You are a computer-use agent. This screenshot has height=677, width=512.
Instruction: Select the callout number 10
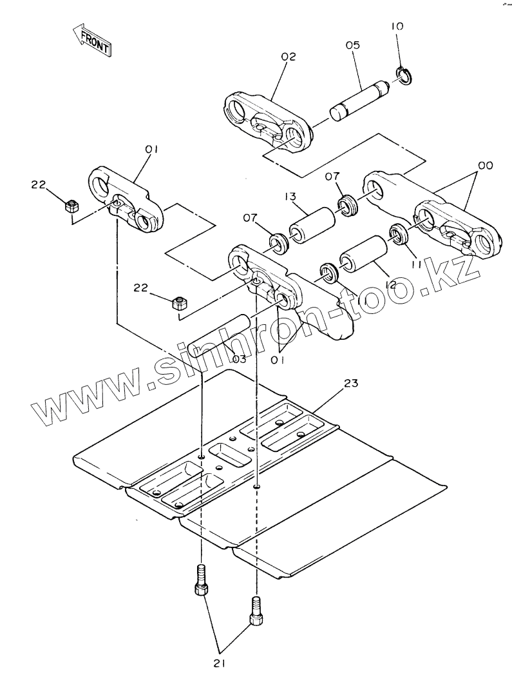[x=397, y=27]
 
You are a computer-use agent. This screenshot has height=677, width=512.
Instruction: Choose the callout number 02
[x=288, y=57]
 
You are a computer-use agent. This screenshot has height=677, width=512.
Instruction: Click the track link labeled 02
[x=265, y=121]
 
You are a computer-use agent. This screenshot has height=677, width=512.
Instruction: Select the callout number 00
[x=486, y=166]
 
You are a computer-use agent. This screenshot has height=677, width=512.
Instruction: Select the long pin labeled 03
[x=222, y=337]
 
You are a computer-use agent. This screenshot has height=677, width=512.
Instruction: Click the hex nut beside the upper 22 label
[x=72, y=207]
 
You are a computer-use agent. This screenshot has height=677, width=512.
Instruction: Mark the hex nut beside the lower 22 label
[x=179, y=302]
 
